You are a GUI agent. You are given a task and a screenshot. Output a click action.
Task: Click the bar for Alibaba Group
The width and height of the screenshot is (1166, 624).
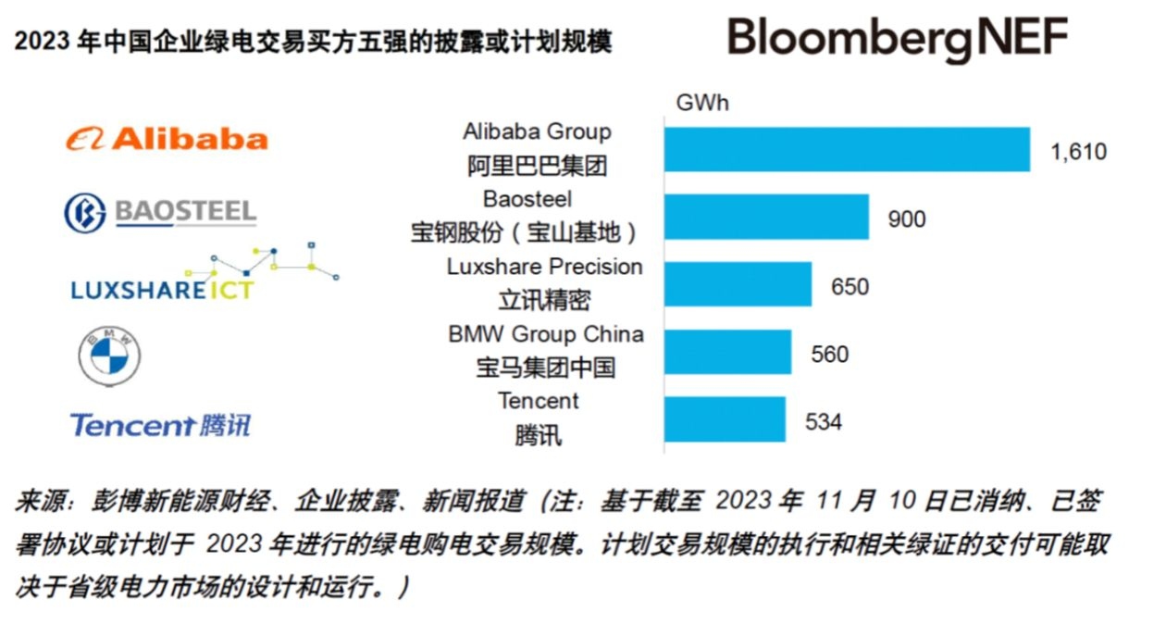click(x=847, y=149)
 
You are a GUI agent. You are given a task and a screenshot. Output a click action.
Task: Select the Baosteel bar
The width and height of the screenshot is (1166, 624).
click(x=766, y=217)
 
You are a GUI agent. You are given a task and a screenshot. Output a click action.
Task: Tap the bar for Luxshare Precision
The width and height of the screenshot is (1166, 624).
click(x=738, y=284)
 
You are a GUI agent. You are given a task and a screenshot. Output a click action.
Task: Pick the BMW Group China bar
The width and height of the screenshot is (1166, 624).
click(x=727, y=352)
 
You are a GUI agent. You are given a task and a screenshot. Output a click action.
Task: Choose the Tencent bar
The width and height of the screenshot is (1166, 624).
click(x=725, y=419)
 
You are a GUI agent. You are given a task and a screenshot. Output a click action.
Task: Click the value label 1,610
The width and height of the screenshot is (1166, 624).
click(x=1078, y=152)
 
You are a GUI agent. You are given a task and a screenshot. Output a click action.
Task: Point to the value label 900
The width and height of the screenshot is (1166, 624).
click(x=906, y=219)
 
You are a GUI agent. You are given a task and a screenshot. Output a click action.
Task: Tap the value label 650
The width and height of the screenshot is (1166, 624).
click(x=850, y=287)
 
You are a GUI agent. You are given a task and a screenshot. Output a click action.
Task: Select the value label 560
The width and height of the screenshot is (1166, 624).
click(x=829, y=355)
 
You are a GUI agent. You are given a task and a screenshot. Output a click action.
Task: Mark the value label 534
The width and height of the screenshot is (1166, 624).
click(x=824, y=422)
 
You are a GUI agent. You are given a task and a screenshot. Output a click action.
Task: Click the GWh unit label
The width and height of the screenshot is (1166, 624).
click(x=702, y=103)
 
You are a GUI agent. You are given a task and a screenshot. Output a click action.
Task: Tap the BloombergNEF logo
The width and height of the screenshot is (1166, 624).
click(x=897, y=40)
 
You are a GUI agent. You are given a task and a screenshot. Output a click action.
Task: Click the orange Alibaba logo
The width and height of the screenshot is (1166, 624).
click(x=167, y=139)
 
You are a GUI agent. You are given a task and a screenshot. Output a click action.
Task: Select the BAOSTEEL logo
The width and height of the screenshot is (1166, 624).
click(x=160, y=212)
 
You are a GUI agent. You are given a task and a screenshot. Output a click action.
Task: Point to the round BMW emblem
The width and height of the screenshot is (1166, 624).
click(x=109, y=356)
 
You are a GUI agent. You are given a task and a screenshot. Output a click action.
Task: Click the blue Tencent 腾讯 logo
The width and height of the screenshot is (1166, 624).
click(x=160, y=425)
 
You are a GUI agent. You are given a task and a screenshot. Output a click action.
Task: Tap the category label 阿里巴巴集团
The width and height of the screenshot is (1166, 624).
click(x=537, y=167)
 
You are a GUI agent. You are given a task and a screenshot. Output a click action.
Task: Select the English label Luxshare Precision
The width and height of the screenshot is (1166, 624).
click(x=544, y=267)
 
